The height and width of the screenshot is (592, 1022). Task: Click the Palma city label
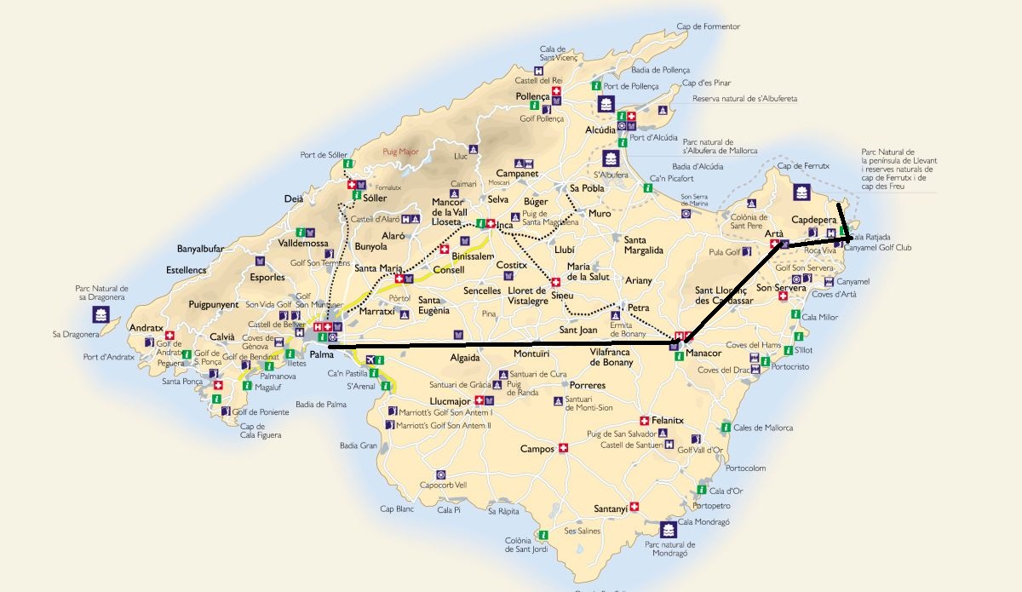click(321, 354)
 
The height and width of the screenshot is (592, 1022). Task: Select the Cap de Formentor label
click(709, 26)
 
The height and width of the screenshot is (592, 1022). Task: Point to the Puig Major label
click(401, 151)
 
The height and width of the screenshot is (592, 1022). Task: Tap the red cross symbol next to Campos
click(563, 449)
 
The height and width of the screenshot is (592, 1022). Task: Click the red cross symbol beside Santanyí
click(634, 507)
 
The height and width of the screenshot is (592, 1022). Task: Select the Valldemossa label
click(303, 243)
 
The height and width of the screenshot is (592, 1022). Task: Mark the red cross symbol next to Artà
click(775, 244)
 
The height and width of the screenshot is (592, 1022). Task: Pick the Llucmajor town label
click(450, 399)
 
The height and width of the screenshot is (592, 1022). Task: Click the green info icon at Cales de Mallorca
click(725, 428)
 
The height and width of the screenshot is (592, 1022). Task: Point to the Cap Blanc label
click(397, 509)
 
